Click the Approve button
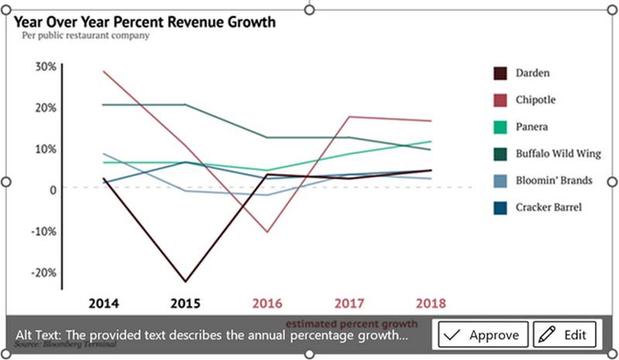coord(484,334)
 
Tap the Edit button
coord(564,334)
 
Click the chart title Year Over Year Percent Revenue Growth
coord(145,22)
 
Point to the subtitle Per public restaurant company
coord(85,36)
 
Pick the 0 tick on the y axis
coord(52,190)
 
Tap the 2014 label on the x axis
coord(104,303)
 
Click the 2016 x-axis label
coord(267,303)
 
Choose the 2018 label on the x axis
coord(430,303)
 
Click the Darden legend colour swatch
coord(501,74)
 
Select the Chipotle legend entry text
coord(535,100)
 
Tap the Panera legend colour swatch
coord(501,127)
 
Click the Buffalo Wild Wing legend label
coord(554,153)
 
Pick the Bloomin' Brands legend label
coord(553,180)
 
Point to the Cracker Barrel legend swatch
coord(501,207)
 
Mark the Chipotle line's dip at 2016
coord(267,231)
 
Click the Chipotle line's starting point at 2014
coord(104,71)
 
